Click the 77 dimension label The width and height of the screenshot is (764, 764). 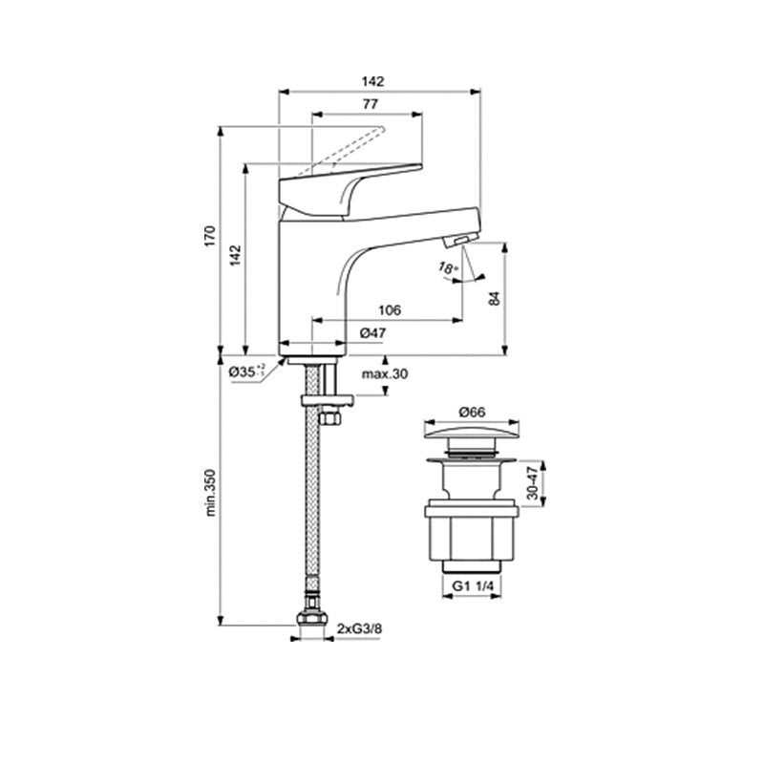click(x=371, y=103)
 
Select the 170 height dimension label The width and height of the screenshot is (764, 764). click(x=210, y=236)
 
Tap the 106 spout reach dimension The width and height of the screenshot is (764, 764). click(x=390, y=309)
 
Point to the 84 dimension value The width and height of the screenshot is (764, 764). click(x=494, y=298)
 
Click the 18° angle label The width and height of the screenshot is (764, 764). click(x=448, y=267)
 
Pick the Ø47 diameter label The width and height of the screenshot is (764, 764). click(x=372, y=332)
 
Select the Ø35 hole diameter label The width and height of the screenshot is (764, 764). click(x=246, y=371)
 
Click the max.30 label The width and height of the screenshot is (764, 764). click(x=385, y=374)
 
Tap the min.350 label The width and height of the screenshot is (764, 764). click(x=210, y=493)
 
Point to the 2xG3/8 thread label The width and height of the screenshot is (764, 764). click(x=360, y=628)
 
